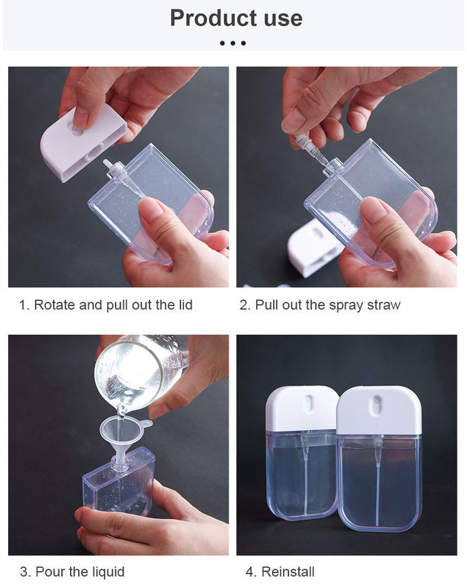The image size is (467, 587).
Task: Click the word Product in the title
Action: click(215, 18)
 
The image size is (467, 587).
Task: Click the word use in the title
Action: click(283, 19)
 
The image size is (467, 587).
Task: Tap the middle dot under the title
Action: click(233, 43)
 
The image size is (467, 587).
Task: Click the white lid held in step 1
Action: click(83, 141)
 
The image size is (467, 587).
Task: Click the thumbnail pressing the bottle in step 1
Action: click(151, 207)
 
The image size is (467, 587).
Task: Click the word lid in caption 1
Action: click(185, 304)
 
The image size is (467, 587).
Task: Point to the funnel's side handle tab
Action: click(147, 424)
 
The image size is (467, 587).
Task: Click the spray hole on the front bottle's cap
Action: click(376, 406)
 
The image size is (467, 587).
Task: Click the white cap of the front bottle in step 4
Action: click(379, 410)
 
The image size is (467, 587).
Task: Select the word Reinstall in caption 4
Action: click(288, 572)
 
